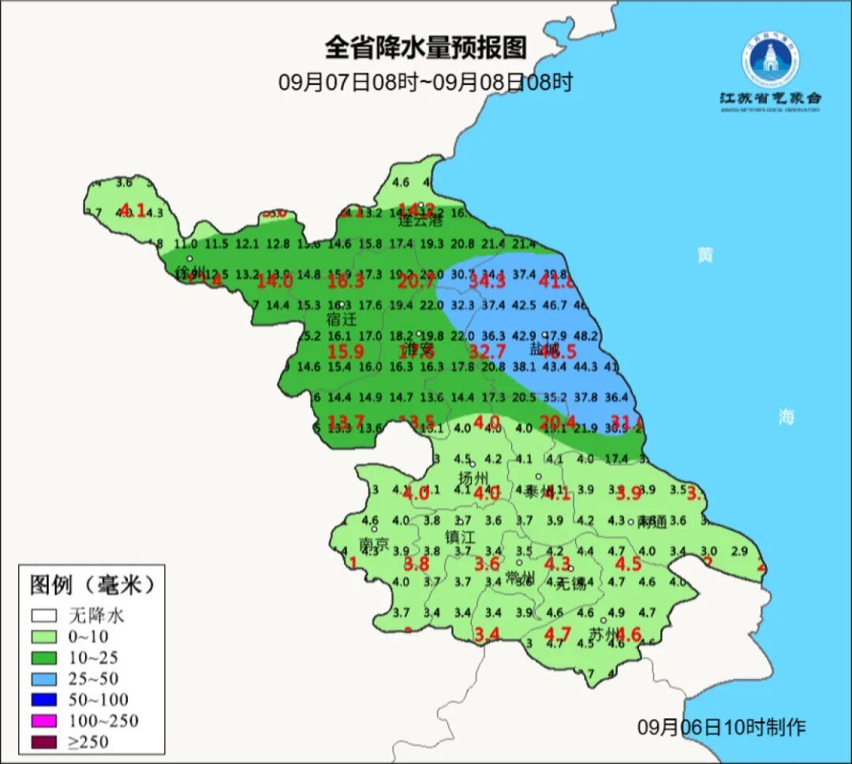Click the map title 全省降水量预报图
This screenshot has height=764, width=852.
(x=425, y=48)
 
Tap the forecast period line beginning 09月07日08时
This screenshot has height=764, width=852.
(x=425, y=82)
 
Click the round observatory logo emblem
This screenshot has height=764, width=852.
(x=770, y=60)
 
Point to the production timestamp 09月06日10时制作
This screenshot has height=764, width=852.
(x=722, y=728)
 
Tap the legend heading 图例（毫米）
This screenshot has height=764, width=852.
(x=92, y=585)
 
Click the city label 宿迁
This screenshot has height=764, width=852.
(x=342, y=320)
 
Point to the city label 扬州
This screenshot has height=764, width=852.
(x=474, y=479)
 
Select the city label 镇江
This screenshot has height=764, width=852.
(x=460, y=537)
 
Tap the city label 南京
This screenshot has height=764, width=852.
(x=374, y=545)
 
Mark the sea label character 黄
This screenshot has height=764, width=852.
(x=705, y=255)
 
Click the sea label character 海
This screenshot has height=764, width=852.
(x=787, y=418)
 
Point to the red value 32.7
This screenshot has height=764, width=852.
(x=487, y=352)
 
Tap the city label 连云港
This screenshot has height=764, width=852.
(x=422, y=221)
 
